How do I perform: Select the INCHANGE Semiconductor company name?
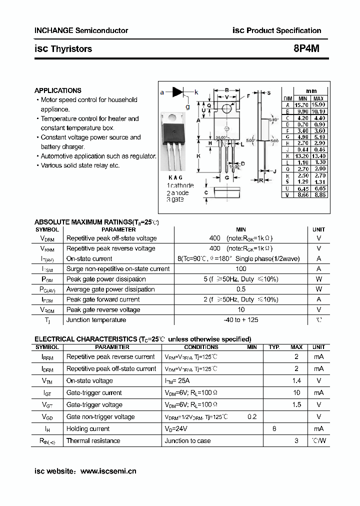81,30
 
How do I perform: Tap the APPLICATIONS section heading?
57,90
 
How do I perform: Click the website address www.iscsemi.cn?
108,471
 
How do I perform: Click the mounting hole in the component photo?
172,118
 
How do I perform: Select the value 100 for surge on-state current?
240,269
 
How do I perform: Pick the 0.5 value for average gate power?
240,289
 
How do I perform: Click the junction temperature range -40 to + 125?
240,320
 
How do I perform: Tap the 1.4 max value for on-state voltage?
296,381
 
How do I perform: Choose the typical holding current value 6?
274,429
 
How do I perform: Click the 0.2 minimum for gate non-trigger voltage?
252,417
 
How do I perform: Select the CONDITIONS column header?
201,347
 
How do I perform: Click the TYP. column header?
274,347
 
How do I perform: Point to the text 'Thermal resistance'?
93,441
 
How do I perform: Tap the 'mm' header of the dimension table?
311,91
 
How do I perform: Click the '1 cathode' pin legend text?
179,185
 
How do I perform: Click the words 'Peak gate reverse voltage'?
103,310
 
